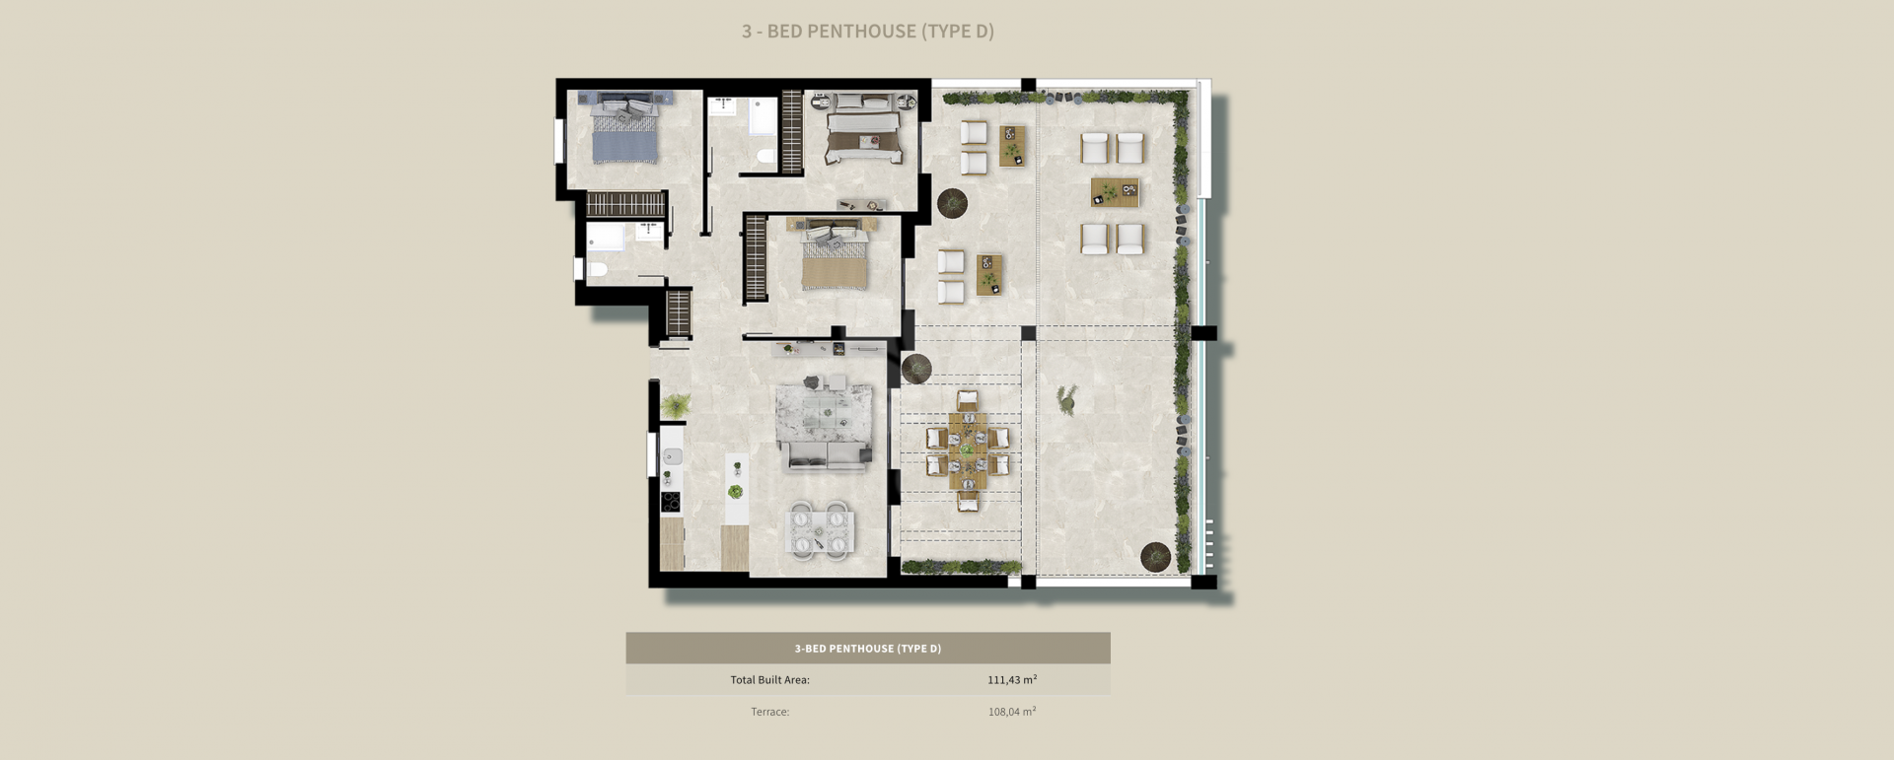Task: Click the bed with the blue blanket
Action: point(624,138)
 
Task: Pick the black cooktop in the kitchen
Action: point(671,501)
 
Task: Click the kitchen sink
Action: point(672,455)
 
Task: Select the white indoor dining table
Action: point(821,531)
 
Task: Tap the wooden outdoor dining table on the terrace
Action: point(968,450)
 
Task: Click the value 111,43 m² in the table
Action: point(1011,679)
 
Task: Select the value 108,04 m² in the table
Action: point(1011,711)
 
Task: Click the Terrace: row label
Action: point(769,711)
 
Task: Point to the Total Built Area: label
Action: point(769,679)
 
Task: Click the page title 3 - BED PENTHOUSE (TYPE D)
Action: point(867,32)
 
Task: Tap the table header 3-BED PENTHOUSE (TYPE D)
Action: point(867,649)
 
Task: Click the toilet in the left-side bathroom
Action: point(596,268)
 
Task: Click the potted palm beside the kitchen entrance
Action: point(677,404)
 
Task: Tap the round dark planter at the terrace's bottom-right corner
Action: point(1155,556)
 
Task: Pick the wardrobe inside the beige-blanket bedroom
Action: point(755,258)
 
